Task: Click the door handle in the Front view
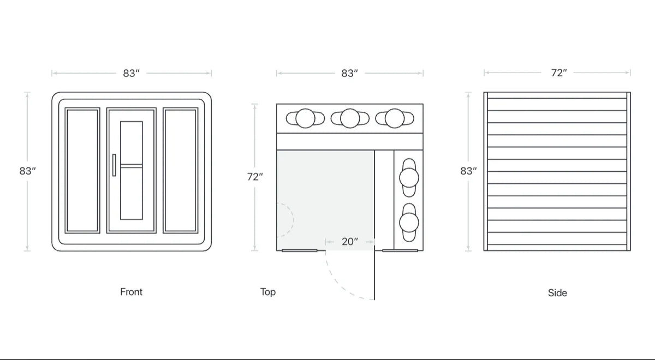114,165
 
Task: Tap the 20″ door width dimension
349,242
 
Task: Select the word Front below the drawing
131,292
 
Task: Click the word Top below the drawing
267,292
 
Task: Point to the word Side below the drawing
557,293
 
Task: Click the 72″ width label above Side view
558,73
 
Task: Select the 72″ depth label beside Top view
254,177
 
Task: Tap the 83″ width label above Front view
131,73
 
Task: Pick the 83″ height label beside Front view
27,171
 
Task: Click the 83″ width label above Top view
349,73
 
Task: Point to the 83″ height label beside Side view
468,171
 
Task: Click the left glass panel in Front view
82,170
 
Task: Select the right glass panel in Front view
181,170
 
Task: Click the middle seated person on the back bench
349,118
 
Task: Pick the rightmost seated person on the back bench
394,118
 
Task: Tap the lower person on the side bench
409,223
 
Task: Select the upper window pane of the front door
131,142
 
